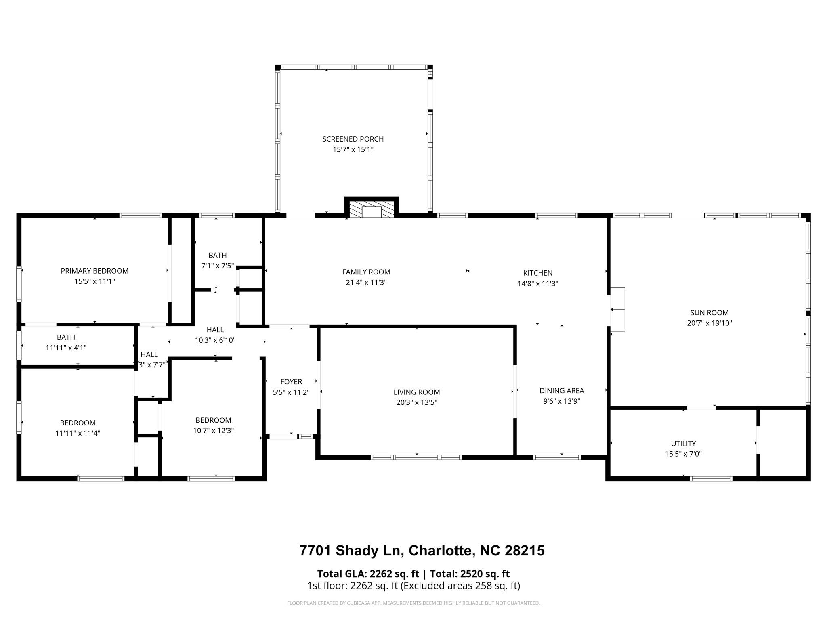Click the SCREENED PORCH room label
353,139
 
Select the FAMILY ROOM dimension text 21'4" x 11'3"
366,283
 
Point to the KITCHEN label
537,273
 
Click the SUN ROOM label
709,312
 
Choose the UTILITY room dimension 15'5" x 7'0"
683,454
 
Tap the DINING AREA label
562,390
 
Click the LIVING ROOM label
416,392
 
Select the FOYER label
291,381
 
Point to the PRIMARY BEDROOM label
94,271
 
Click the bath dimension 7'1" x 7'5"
217,266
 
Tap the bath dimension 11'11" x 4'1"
66,348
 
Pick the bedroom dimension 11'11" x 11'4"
78,433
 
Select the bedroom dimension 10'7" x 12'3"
213,430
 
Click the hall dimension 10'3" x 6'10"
215,340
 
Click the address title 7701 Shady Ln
422,551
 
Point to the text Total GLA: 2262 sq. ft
368,574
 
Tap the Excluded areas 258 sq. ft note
460,586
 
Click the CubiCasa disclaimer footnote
413,603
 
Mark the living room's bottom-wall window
416,457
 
